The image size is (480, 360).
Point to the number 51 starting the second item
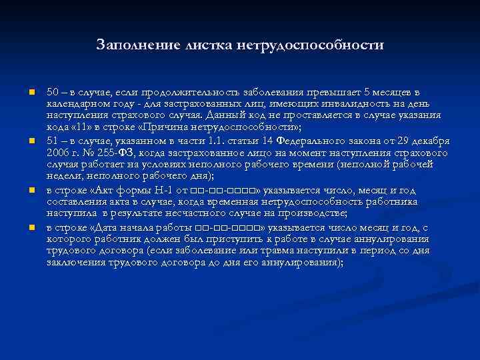(52, 141)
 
